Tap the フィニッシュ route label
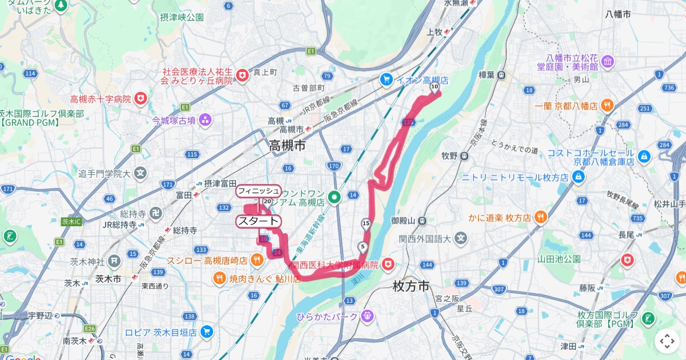point(258,190)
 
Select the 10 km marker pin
point(434,87)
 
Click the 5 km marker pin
point(362,247)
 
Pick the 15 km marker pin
point(366,223)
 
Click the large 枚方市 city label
point(411,286)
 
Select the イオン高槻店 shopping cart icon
point(386,80)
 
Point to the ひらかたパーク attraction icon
point(367,316)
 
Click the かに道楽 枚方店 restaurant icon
point(541,217)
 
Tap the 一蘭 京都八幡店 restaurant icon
point(607,106)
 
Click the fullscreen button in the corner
point(667,341)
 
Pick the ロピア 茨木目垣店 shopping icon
point(206,332)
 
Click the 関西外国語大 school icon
point(461,237)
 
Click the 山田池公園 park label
point(559,259)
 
